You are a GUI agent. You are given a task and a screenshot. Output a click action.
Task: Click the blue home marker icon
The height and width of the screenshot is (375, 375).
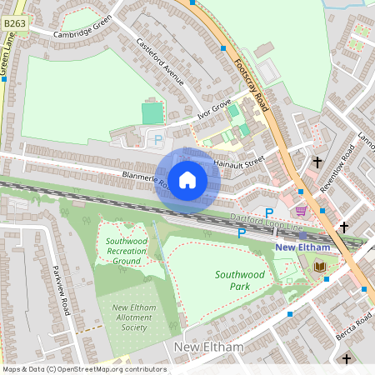187,179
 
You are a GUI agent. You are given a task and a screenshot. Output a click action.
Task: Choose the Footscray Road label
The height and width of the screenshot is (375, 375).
251,87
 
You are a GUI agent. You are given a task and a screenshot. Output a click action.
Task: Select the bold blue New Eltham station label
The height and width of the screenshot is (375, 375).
302,247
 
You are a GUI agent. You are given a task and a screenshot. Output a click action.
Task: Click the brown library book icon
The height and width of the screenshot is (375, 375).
321,266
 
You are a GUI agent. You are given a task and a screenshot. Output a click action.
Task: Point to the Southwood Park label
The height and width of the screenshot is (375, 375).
240,280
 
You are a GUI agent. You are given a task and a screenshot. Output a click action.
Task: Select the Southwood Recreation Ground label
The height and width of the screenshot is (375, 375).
127,251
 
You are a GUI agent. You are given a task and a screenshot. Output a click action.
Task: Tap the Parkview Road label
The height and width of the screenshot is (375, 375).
62,289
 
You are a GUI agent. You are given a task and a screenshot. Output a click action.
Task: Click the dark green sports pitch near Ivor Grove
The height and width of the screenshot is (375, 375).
152,113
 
